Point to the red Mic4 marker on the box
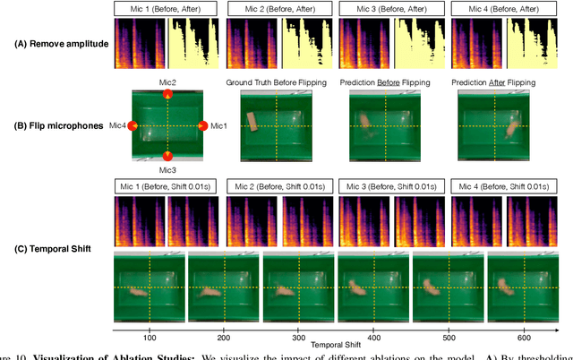tap(133, 125)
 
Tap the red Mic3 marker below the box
tap(167, 156)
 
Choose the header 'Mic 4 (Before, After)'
tap(503, 8)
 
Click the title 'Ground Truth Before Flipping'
tap(278, 82)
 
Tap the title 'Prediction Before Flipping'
tap(390, 82)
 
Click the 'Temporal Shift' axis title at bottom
tap(335, 343)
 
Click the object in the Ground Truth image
tap(255, 122)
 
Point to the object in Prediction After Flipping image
tap(512, 127)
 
